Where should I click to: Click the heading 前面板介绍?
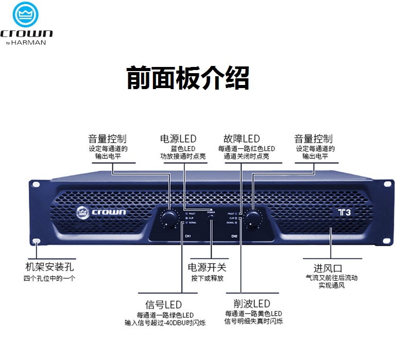[188, 78]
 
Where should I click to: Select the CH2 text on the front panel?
[234, 236]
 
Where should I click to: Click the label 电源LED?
[178, 139]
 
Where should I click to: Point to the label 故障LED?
[242, 139]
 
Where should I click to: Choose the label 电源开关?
[208, 267]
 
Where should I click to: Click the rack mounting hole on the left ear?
[37, 242]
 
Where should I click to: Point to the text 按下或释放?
[208, 278]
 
